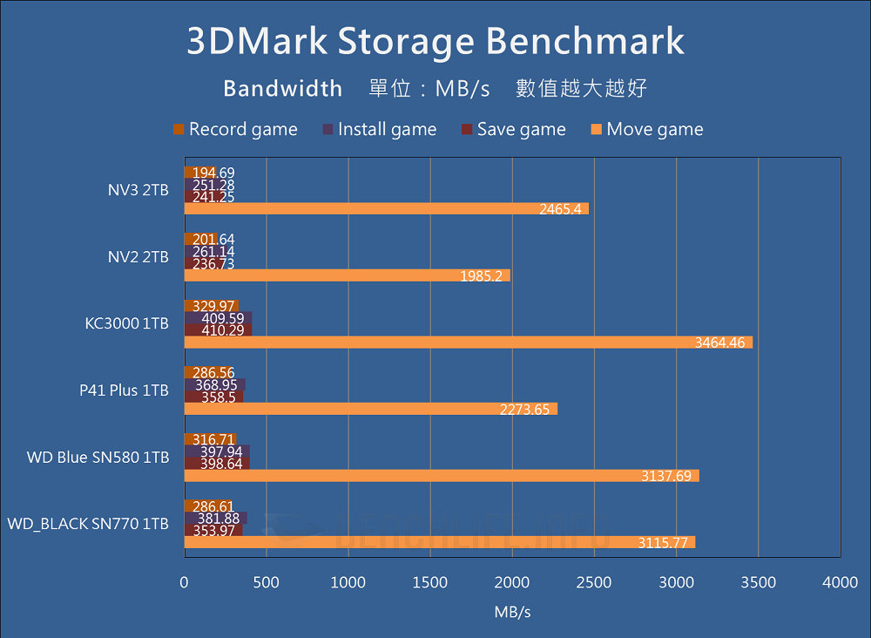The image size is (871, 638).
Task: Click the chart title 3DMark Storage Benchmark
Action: (435, 42)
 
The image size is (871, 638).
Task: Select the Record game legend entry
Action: (235, 130)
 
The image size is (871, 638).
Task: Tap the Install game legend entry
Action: (379, 130)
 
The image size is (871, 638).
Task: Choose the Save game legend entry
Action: (513, 130)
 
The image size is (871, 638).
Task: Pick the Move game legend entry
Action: (646, 130)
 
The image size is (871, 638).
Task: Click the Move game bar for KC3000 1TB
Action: (468, 343)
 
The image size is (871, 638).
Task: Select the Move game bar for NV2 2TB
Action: (347, 275)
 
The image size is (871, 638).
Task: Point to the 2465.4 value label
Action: (562, 209)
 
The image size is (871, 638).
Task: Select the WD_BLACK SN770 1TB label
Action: (88, 524)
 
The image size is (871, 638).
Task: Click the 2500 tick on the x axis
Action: (594, 581)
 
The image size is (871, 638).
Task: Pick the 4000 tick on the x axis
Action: (840, 581)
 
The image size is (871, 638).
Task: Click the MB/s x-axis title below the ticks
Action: (512, 612)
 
